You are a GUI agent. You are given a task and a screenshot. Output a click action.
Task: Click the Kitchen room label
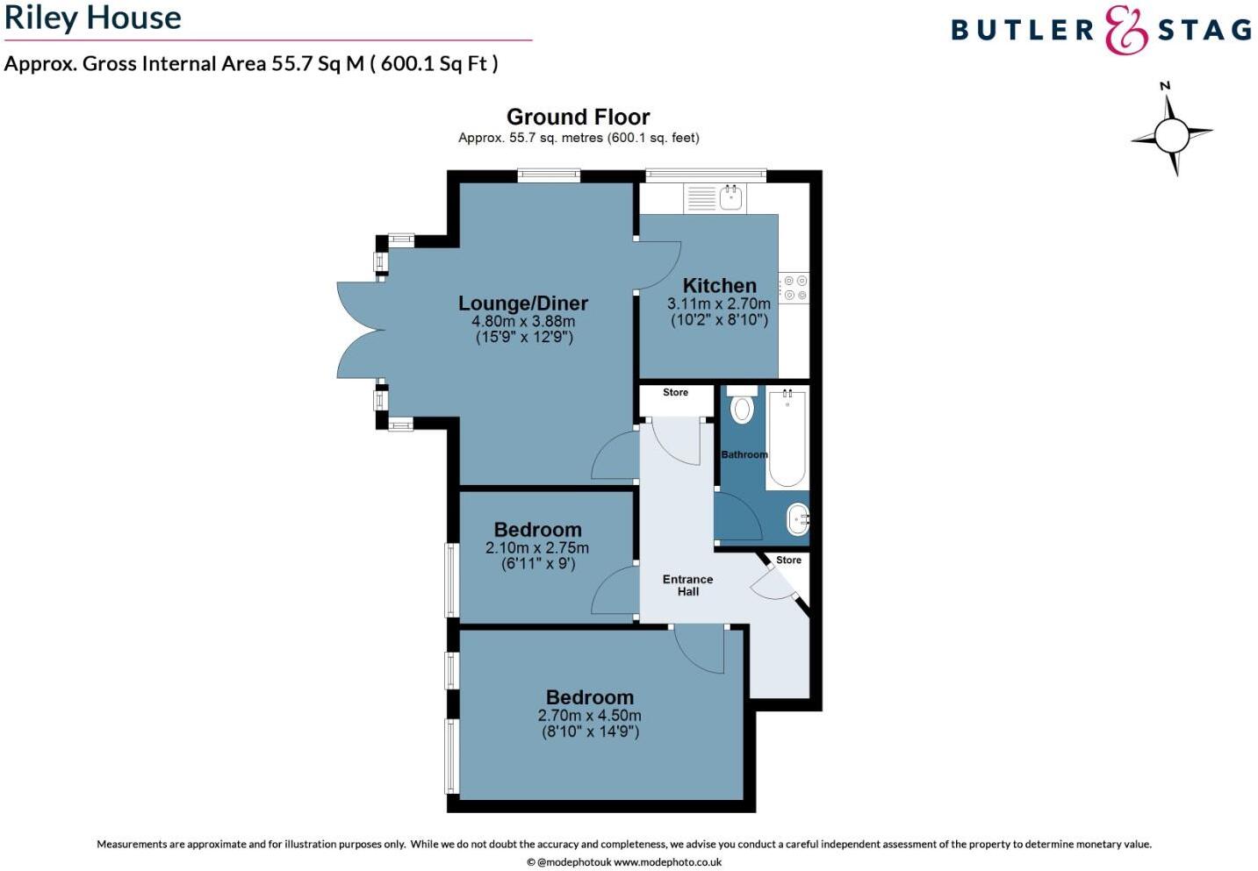[719, 285]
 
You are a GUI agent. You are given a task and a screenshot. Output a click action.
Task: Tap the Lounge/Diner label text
[523, 303]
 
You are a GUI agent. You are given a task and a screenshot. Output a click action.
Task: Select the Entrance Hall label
[687, 585]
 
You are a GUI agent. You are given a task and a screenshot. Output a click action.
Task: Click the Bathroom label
[744, 454]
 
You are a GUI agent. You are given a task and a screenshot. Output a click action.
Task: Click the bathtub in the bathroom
[787, 439]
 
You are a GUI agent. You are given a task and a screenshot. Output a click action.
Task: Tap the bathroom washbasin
[796, 519]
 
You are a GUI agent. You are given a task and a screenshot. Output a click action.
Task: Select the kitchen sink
[730, 197]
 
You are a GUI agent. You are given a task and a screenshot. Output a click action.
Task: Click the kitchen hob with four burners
[795, 289]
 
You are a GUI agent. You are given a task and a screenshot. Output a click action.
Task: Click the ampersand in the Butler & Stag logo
[1125, 31]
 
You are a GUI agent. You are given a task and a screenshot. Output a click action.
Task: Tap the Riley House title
[93, 18]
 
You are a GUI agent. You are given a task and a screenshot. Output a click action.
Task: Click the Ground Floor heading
[578, 117]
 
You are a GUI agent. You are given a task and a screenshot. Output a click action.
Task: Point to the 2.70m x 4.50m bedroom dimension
[589, 716]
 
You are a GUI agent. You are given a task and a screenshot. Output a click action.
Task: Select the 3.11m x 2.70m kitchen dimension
[719, 304]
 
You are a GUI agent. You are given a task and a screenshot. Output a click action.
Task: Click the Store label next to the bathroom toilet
[675, 392]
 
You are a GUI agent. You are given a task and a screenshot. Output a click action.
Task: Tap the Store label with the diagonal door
[788, 560]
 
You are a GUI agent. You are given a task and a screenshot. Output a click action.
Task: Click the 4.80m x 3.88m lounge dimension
[523, 322]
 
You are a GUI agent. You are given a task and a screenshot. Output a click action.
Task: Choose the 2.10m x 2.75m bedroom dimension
[537, 548]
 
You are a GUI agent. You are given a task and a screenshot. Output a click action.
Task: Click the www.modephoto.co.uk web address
[667, 862]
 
